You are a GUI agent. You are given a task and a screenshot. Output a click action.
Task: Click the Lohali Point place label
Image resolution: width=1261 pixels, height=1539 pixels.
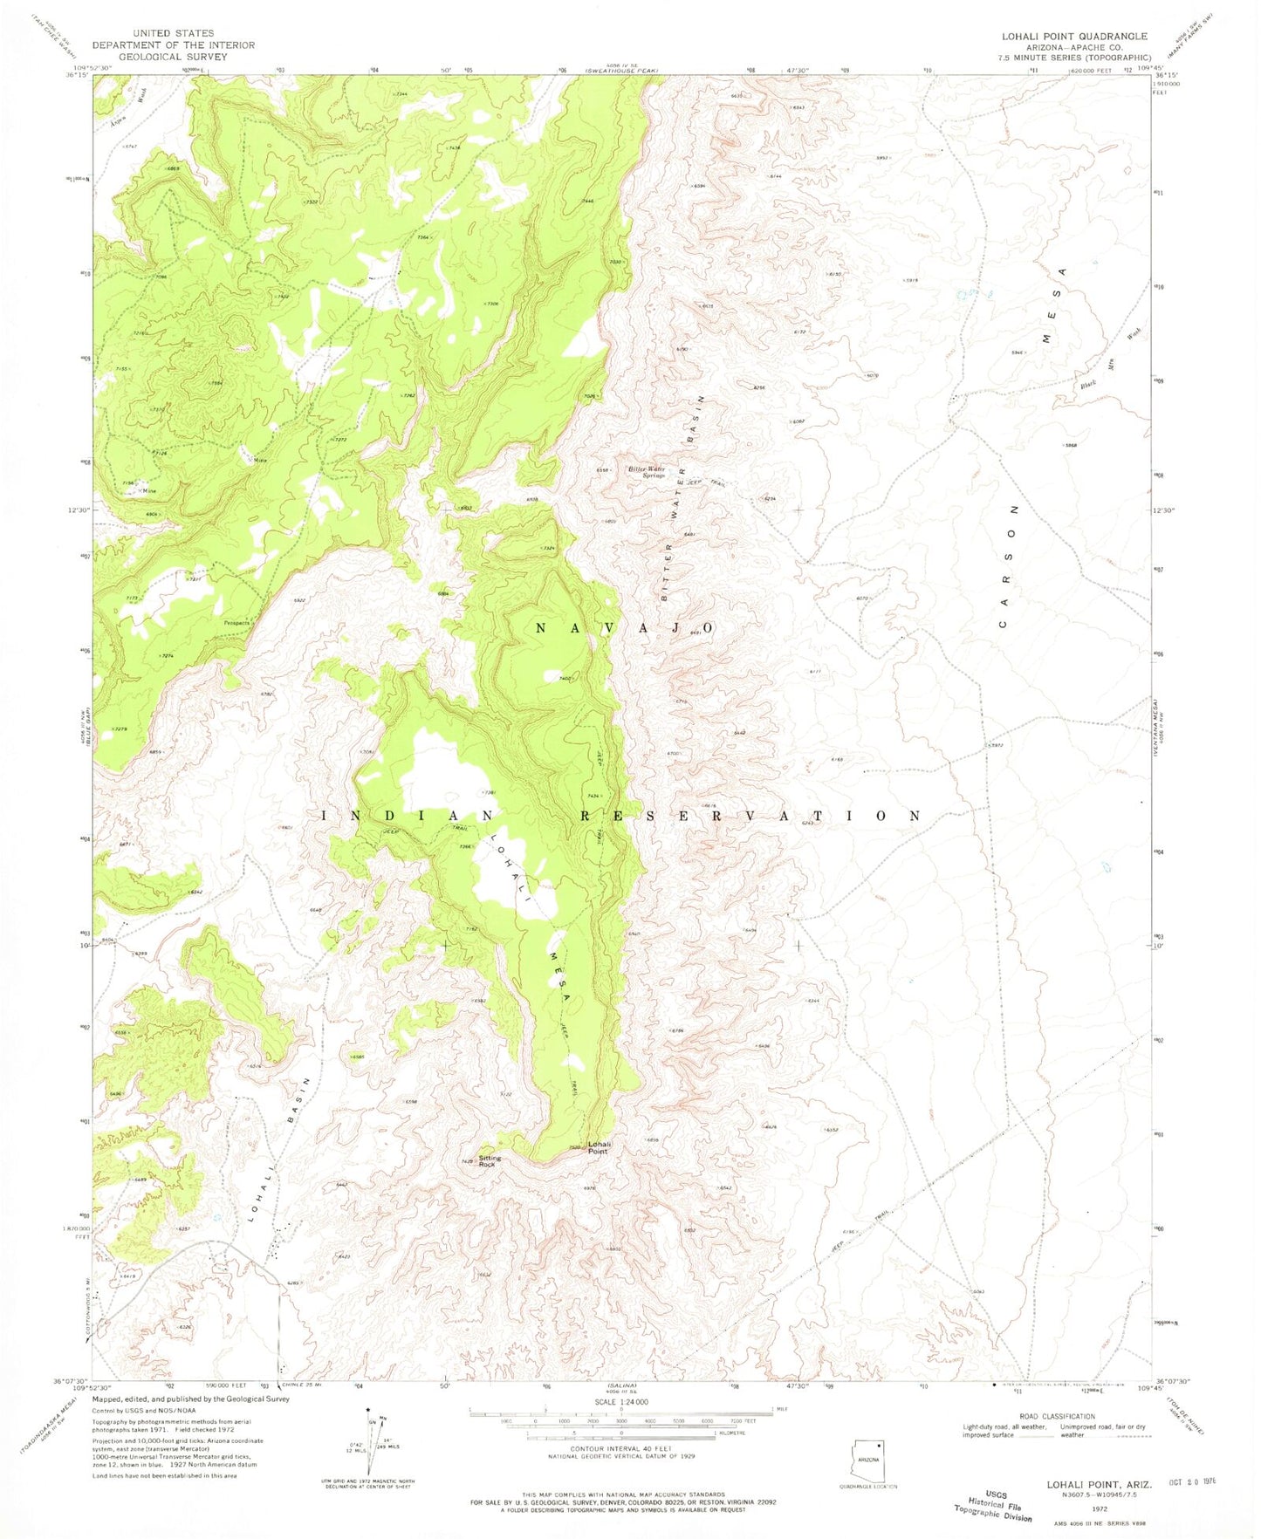pyautogui.click(x=599, y=1147)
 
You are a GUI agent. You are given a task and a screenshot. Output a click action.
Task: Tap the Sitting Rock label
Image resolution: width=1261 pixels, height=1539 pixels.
pyautogui.click(x=490, y=1161)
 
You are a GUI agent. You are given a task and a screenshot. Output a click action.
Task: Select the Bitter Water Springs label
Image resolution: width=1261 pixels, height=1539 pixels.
pyautogui.click(x=648, y=472)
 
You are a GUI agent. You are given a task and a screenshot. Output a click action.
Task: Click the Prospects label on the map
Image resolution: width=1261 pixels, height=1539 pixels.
pyautogui.click(x=236, y=623)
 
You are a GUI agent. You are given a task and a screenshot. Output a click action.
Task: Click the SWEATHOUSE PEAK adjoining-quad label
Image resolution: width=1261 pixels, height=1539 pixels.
pyautogui.click(x=621, y=68)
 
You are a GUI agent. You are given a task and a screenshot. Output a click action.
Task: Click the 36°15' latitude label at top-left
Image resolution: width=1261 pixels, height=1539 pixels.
pyautogui.click(x=79, y=75)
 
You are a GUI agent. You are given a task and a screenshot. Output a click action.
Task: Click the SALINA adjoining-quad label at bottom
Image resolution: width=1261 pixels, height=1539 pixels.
pyautogui.click(x=622, y=1385)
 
